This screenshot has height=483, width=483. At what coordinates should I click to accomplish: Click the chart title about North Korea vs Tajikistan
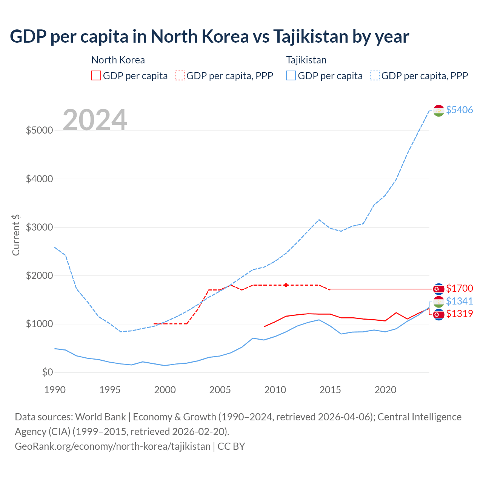pos(209,37)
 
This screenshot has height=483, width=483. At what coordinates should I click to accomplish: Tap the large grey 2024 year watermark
pos(95,120)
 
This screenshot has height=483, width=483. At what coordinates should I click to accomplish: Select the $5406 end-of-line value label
pos(459,110)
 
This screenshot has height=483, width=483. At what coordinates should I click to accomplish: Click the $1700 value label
pos(459,289)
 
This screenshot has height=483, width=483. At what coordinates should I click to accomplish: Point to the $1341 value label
pos(459,301)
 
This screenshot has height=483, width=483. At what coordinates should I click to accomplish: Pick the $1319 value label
pos(459,314)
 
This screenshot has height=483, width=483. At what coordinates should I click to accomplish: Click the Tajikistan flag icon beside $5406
pos(438,110)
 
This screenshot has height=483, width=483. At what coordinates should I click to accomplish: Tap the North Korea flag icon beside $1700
pos(438,289)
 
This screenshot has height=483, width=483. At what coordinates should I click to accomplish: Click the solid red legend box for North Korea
pos(96,75)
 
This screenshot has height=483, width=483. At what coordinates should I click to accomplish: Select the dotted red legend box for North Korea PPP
pos(180,75)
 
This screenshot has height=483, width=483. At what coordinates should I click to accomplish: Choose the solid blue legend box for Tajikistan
pos(291,75)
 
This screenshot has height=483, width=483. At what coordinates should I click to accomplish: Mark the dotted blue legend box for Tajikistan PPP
pos(375,75)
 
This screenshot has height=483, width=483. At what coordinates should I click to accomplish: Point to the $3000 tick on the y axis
pos(39,227)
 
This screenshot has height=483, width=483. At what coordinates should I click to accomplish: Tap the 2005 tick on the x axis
pos(220,390)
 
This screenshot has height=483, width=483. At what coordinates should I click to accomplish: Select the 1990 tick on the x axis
pos(55,390)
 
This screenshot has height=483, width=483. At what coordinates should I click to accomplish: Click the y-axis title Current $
pos(16,235)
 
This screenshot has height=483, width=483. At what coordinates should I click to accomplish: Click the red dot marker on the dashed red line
pos(286,285)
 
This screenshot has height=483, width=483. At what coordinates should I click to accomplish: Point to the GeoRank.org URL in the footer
pos(112,446)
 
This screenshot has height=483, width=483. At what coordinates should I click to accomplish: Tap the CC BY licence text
pos(231,446)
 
